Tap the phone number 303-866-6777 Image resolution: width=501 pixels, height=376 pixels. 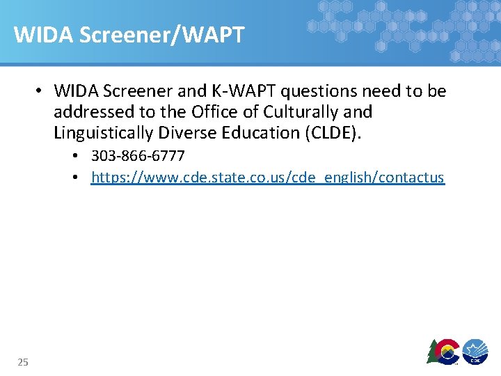(138, 155)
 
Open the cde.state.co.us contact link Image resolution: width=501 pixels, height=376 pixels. (268, 178)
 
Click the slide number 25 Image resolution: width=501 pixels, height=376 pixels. (23, 361)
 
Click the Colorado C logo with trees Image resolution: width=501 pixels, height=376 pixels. (444, 351)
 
